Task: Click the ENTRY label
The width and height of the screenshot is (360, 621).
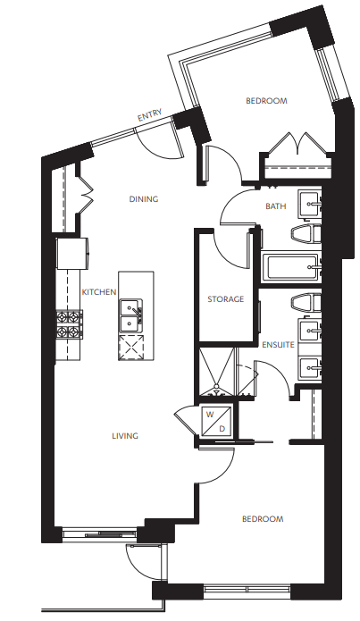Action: [148, 116]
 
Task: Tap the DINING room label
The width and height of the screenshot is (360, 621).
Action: [143, 199]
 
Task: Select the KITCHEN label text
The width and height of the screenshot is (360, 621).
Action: [99, 292]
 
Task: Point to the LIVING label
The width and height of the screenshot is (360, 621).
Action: [125, 436]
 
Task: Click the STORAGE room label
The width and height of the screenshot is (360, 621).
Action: [226, 298]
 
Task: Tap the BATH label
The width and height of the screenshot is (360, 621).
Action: [276, 206]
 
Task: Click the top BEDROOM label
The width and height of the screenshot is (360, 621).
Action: [266, 101]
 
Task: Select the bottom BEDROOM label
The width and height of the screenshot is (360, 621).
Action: [262, 519]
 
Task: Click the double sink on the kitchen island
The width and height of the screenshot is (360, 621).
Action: [131, 314]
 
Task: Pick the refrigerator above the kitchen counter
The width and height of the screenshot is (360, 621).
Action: [73, 253]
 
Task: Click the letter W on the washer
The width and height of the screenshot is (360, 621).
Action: [210, 415]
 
